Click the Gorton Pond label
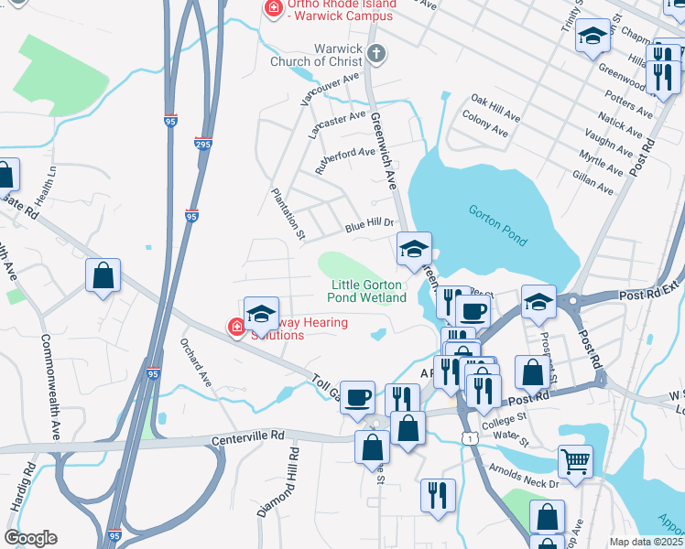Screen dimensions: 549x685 pos(498,225)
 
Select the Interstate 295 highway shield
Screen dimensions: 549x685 pos(203,144)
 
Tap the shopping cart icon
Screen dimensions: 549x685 pos(575,460)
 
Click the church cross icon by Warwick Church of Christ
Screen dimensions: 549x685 pos(376,53)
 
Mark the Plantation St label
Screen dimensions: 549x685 pos(288,214)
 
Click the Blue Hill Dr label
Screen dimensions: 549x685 pos(369,223)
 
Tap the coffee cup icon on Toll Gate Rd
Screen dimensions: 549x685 pos(357,397)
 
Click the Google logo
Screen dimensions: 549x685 pos(30,538)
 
